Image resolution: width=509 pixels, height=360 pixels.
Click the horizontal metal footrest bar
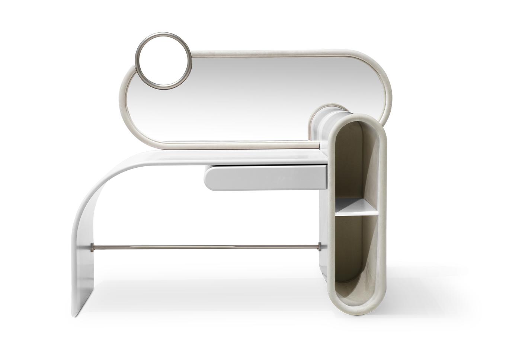[x=205, y=246]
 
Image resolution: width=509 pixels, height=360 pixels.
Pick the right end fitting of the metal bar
[x=319, y=245]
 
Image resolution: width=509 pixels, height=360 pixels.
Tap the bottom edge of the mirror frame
[x=223, y=143]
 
